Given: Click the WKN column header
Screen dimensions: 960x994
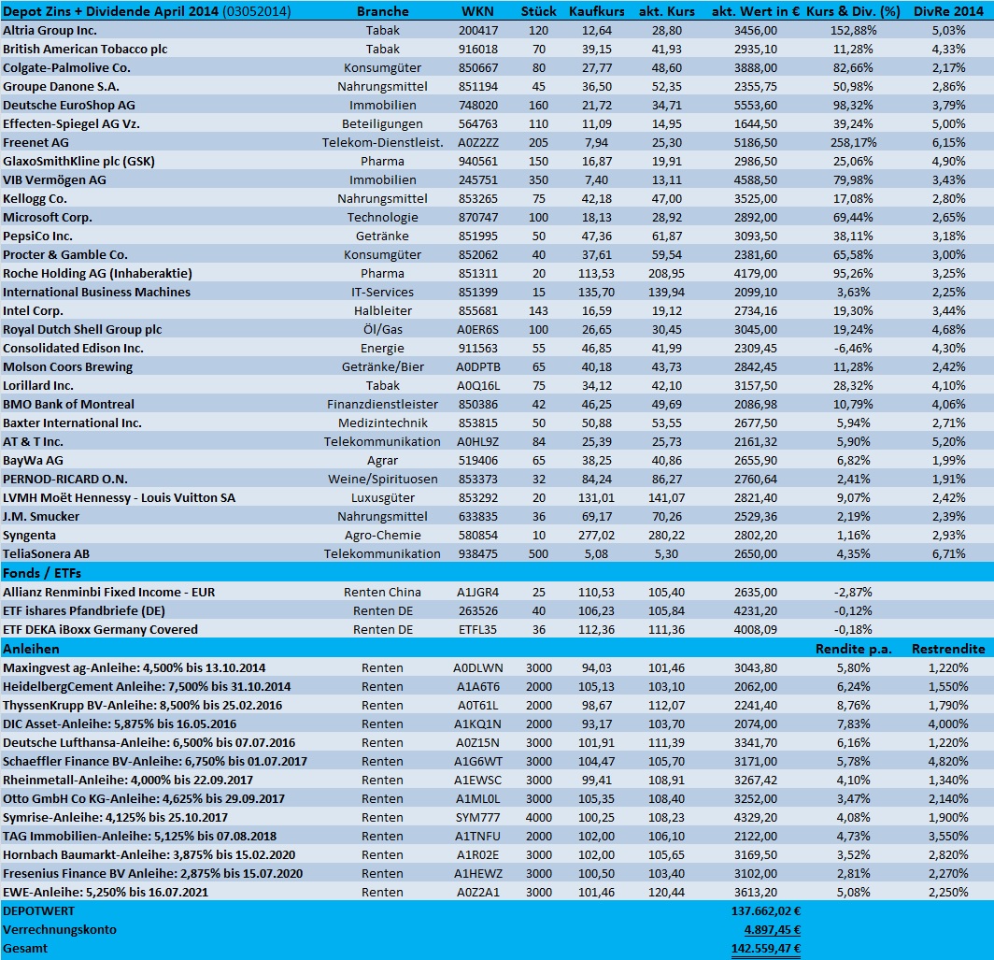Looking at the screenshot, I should click(480, 11).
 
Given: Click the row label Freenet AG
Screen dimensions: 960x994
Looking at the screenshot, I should click(35, 142).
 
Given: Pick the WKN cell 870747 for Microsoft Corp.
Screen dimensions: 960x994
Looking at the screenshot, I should click(480, 217).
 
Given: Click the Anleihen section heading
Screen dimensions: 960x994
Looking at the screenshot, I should click(32, 648).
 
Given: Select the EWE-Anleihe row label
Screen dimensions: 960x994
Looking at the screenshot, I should click(105, 892).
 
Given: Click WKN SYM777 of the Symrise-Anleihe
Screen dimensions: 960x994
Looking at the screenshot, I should click(480, 817).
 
